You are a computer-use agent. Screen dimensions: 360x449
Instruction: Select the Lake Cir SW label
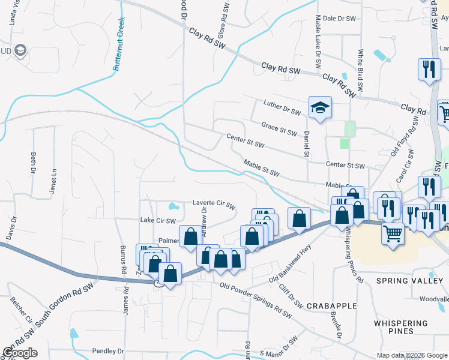point(157,221)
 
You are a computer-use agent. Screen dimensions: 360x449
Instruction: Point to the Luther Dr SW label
point(282,107)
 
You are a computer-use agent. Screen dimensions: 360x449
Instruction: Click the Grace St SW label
point(279,128)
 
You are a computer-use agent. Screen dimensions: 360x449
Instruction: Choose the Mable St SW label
point(262,168)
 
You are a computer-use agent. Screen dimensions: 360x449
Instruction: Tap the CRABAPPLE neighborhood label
point(331,306)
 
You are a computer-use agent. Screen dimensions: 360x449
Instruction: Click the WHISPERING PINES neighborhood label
point(402,327)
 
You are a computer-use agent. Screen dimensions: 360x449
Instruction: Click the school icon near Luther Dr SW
point(320,108)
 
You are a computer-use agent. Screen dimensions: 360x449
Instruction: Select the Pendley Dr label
point(108,350)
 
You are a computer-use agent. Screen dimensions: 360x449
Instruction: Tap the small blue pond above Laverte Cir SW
point(173,206)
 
